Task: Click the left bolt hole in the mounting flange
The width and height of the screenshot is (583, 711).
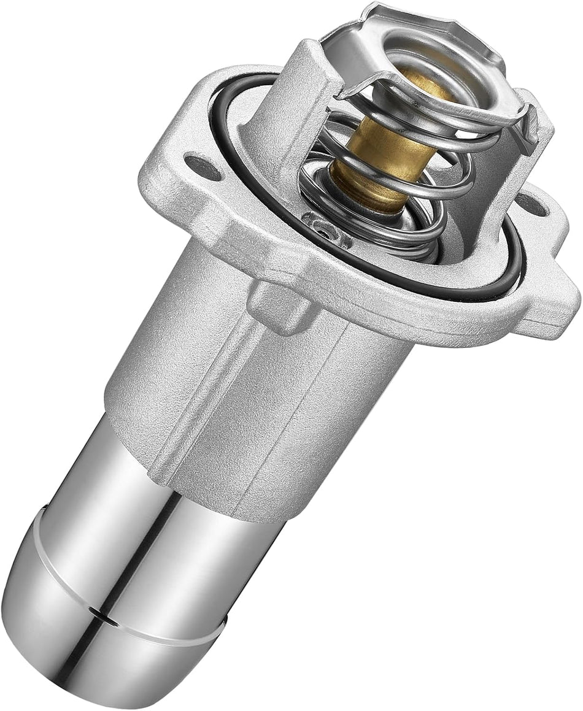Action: click(x=203, y=167)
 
